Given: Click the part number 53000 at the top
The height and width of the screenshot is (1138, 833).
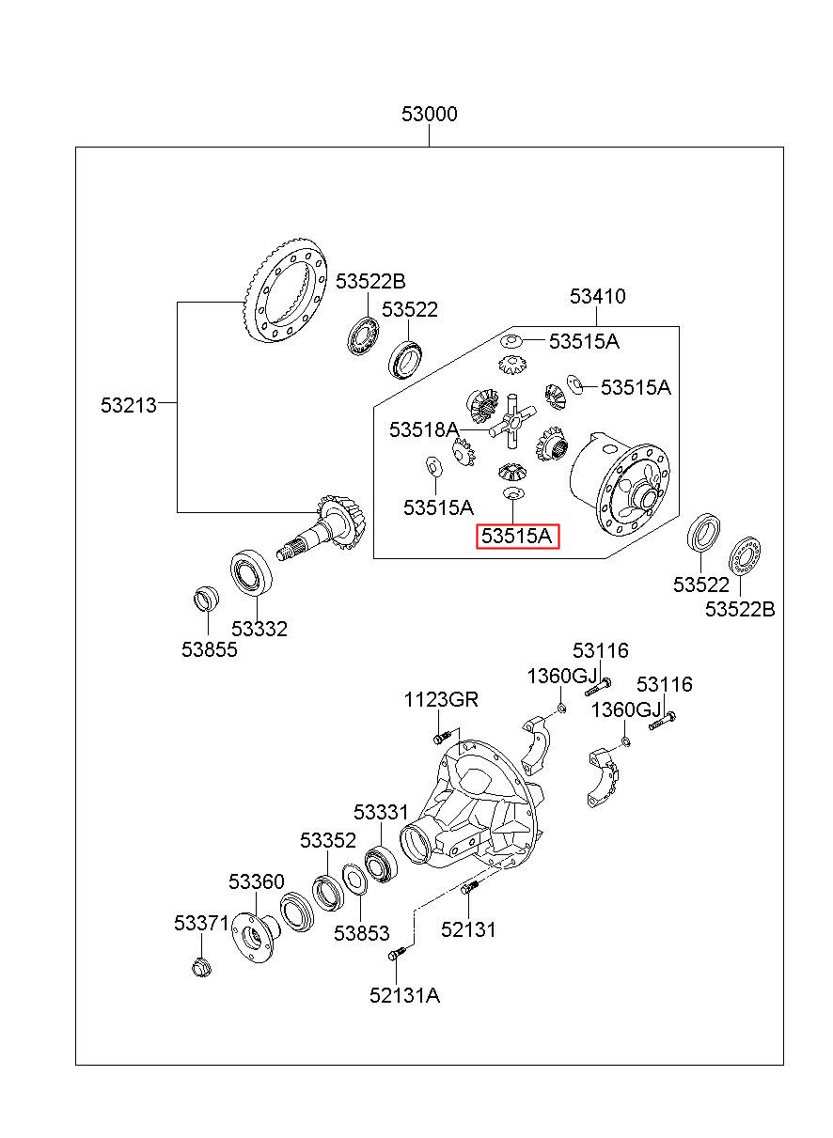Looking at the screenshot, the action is pyautogui.click(x=429, y=114).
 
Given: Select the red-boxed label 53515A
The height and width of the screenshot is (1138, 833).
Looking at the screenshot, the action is pyautogui.click(x=516, y=536).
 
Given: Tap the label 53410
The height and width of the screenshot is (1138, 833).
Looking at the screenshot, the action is pyautogui.click(x=597, y=296).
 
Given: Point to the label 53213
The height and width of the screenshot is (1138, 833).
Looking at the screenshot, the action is pyautogui.click(x=129, y=405).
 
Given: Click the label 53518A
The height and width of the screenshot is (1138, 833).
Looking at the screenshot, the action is pyautogui.click(x=424, y=429).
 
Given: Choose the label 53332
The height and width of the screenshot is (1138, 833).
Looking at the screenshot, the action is pyautogui.click(x=259, y=629).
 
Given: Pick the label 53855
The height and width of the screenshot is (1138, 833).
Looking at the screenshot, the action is pyautogui.click(x=210, y=649).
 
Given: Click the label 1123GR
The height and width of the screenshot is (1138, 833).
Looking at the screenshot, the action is pyautogui.click(x=441, y=699).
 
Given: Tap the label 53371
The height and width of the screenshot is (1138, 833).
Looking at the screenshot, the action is pyautogui.click(x=202, y=923).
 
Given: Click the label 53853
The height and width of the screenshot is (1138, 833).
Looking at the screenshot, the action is pyautogui.click(x=361, y=933).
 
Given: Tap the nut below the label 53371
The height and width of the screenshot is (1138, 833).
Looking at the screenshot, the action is pyautogui.click(x=202, y=966).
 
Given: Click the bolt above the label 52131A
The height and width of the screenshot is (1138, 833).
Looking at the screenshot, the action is pyautogui.click(x=397, y=953).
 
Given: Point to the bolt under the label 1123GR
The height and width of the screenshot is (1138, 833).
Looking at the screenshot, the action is pyautogui.click(x=442, y=737).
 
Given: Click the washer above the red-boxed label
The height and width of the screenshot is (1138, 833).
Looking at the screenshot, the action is pyautogui.click(x=512, y=492).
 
